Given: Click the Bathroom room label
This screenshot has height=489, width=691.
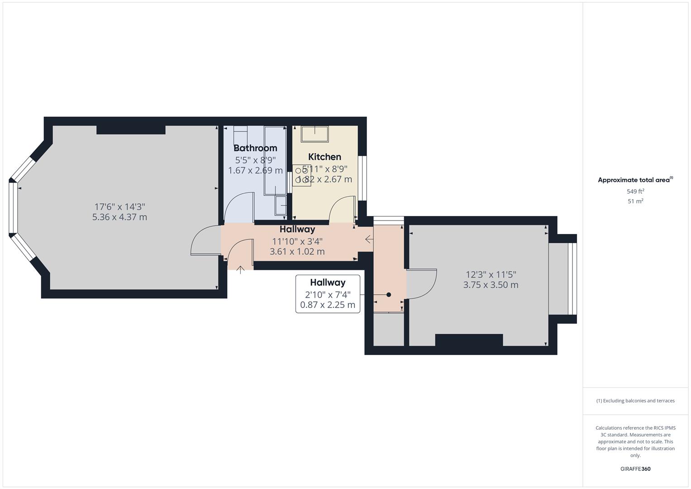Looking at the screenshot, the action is point(255,148).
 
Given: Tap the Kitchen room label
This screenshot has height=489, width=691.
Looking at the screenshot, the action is point(324,157).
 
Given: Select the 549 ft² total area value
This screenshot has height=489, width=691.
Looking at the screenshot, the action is point(635,192).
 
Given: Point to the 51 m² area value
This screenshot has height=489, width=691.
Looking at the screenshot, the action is point(635,201).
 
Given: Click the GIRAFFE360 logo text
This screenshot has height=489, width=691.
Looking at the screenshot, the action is point(635,469).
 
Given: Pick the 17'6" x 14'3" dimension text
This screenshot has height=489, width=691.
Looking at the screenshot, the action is point(119,206).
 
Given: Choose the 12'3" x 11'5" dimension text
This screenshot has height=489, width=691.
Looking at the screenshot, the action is point(491,274).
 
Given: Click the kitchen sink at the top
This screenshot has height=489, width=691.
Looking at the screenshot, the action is point(315,134).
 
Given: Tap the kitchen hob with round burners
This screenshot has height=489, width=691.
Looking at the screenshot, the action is point(301,175).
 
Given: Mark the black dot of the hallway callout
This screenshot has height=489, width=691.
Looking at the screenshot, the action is point(389,295).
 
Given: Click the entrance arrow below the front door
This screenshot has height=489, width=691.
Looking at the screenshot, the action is point(240,270).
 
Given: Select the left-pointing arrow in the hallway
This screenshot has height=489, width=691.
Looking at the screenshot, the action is point(369,239).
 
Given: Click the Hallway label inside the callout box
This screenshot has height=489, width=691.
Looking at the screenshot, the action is point(328,283).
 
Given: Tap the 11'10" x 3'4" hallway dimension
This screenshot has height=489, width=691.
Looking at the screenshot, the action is point(297,241).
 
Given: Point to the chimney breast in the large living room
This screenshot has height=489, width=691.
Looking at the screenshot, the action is point(131,129).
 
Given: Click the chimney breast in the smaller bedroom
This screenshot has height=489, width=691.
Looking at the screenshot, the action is point(469,340).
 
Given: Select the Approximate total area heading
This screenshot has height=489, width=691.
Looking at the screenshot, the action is point(635,180).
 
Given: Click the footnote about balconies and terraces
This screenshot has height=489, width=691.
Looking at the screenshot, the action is point(635,401).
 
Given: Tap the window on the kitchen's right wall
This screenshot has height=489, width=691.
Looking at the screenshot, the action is point(362,178).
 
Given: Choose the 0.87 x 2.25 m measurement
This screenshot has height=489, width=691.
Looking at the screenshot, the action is point(328,305).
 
